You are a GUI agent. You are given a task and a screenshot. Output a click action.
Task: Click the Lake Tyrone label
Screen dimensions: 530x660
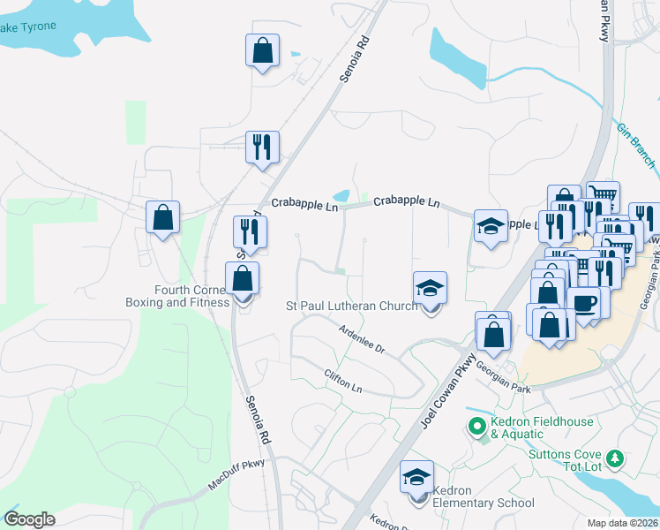click(x=26, y=26)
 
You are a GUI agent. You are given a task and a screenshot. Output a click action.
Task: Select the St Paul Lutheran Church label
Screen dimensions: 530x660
click(x=352, y=307)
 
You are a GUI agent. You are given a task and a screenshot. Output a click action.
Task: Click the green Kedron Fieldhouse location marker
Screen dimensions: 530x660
click(x=477, y=428)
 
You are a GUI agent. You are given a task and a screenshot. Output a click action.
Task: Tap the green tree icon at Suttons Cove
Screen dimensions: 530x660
click(x=618, y=459)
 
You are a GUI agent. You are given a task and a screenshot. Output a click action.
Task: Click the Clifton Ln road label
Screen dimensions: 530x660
click(x=343, y=382)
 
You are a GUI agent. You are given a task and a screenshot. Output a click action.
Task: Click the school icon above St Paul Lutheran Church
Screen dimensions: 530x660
click(x=430, y=289)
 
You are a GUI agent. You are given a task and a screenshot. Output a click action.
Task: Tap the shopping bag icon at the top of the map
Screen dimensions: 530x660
click(x=262, y=50)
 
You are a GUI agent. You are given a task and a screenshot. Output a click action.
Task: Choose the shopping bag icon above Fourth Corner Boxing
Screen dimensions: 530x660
click(x=242, y=279)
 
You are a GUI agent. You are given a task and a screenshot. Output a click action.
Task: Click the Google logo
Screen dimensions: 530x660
click(x=29, y=519)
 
